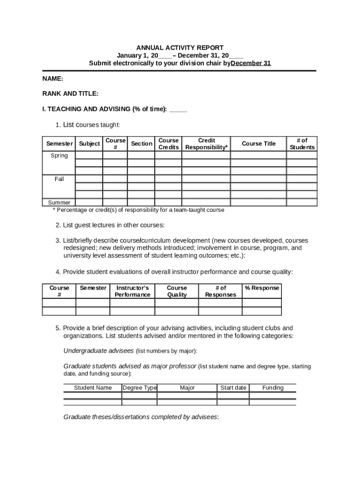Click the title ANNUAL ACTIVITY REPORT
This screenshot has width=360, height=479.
click(x=180, y=48)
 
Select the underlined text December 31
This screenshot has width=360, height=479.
click(x=251, y=63)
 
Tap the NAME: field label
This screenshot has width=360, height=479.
click(x=52, y=79)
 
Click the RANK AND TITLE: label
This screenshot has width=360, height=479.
click(x=70, y=94)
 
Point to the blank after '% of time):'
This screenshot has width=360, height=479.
click(x=178, y=109)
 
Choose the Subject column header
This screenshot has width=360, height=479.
click(x=89, y=144)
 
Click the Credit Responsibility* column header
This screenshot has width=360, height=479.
click(x=207, y=144)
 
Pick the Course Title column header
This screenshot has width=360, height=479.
click(x=259, y=144)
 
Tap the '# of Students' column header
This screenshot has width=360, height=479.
click(x=302, y=144)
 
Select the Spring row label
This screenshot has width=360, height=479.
click(x=59, y=156)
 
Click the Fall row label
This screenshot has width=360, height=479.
click(x=59, y=179)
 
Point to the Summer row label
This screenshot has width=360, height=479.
click(x=59, y=203)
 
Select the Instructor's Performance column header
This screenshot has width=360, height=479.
click(x=132, y=291)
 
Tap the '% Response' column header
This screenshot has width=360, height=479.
click(x=262, y=288)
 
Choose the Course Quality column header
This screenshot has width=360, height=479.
click(x=177, y=291)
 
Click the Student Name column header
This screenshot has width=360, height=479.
click(x=93, y=388)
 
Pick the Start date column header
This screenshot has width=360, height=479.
click(x=233, y=388)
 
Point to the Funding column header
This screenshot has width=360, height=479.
click(x=273, y=388)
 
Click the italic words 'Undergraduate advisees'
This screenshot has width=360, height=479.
click(x=99, y=351)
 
